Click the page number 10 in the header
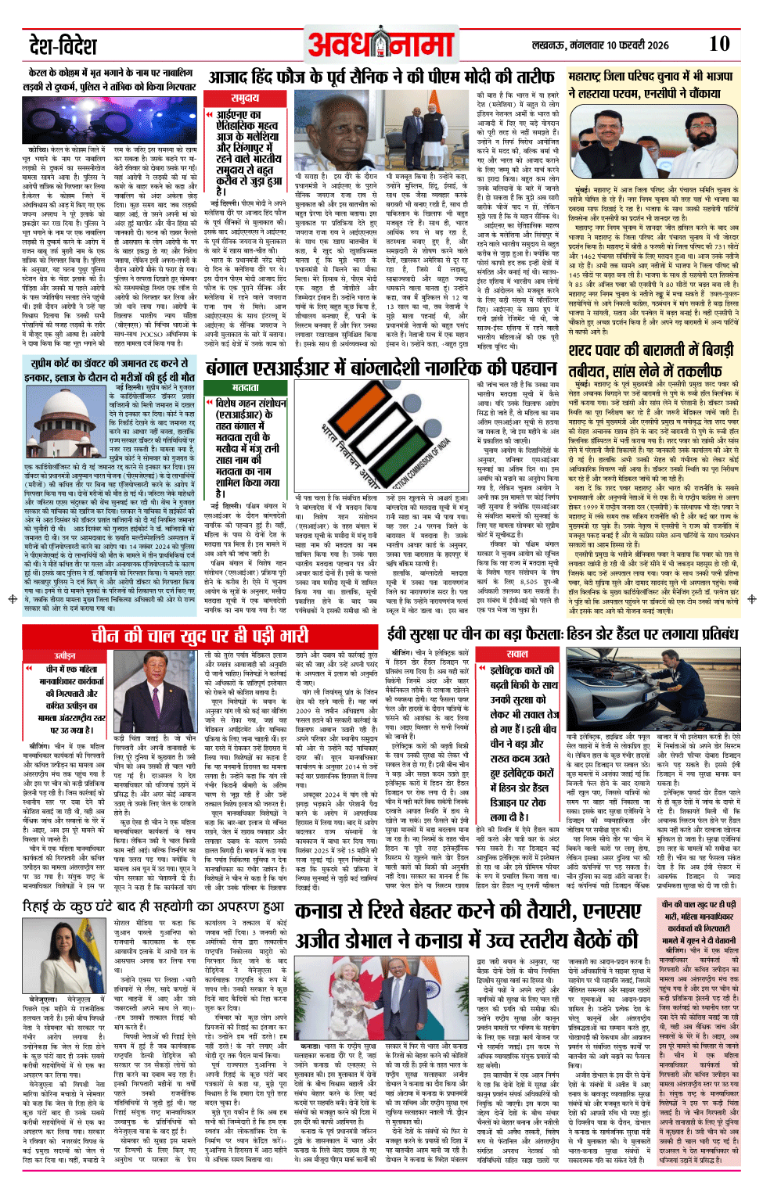(718, 44)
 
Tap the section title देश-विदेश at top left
(63, 45)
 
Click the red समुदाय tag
(245, 99)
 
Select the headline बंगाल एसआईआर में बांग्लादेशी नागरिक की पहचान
(381, 368)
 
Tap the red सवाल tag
(516, 654)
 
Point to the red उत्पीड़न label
(65, 655)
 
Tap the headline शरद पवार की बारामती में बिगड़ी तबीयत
(652, 361)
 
